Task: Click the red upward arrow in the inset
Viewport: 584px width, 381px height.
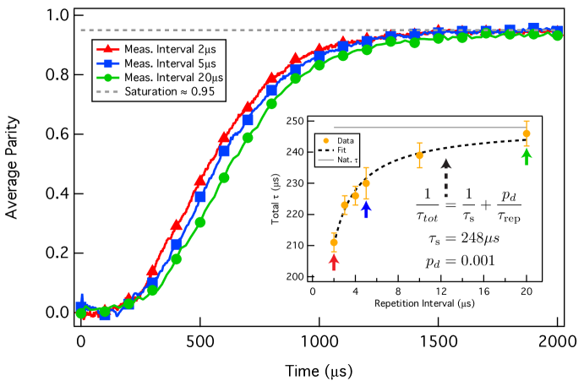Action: pos(334,262)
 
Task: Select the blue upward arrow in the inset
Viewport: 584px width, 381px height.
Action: pos(366,210)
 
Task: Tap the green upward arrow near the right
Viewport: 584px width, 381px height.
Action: pos(527,155)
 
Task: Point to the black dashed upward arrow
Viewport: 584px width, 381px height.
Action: pos(446,177)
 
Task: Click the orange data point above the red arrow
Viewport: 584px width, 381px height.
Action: pos(334,242)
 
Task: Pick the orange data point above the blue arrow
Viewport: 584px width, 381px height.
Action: pos(366,183)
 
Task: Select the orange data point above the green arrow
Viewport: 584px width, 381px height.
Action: pos(527,133)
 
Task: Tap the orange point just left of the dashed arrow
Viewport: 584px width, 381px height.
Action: pos(419,155)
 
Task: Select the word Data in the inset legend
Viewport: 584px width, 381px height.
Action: pos(345,140)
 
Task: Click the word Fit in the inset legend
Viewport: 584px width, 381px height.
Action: pos(341,150)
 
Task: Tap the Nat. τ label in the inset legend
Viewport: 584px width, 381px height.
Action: pos(345,159)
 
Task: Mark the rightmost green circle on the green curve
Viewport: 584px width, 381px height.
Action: pos(558,36)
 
